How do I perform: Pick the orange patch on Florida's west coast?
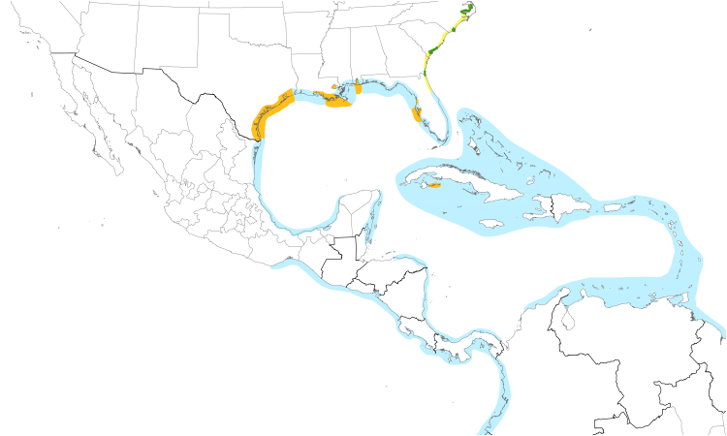click(x=418, y=115)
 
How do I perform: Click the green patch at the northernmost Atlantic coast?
click(x=467, y=11)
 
